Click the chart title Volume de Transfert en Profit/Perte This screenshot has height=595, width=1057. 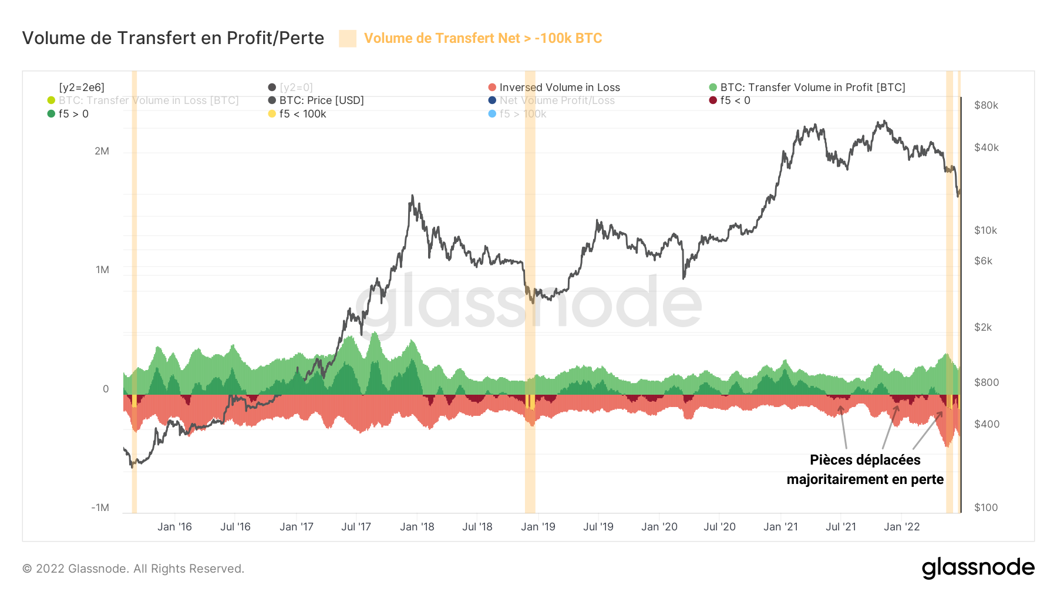click(173, 38)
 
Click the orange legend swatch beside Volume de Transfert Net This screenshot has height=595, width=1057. click(348, 39)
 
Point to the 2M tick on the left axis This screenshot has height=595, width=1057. click(102, 152)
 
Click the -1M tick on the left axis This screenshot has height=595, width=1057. click(100, 507)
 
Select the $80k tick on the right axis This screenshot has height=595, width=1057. click(986, 106)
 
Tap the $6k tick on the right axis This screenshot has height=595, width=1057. click(983, 261)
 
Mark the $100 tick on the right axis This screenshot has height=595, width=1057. click(985, 507)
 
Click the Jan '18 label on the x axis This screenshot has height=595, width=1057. click(417, 527)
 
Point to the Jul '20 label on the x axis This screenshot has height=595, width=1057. click(719, 527)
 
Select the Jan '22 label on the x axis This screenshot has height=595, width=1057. click(901, 527)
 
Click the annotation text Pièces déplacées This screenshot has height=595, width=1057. click(865, 460)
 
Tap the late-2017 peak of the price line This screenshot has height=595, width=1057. click(412, 196)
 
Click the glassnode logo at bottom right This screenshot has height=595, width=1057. click(978, 568)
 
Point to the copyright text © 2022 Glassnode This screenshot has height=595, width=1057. click(133, 569)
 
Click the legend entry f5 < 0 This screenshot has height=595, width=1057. click(735, 100)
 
